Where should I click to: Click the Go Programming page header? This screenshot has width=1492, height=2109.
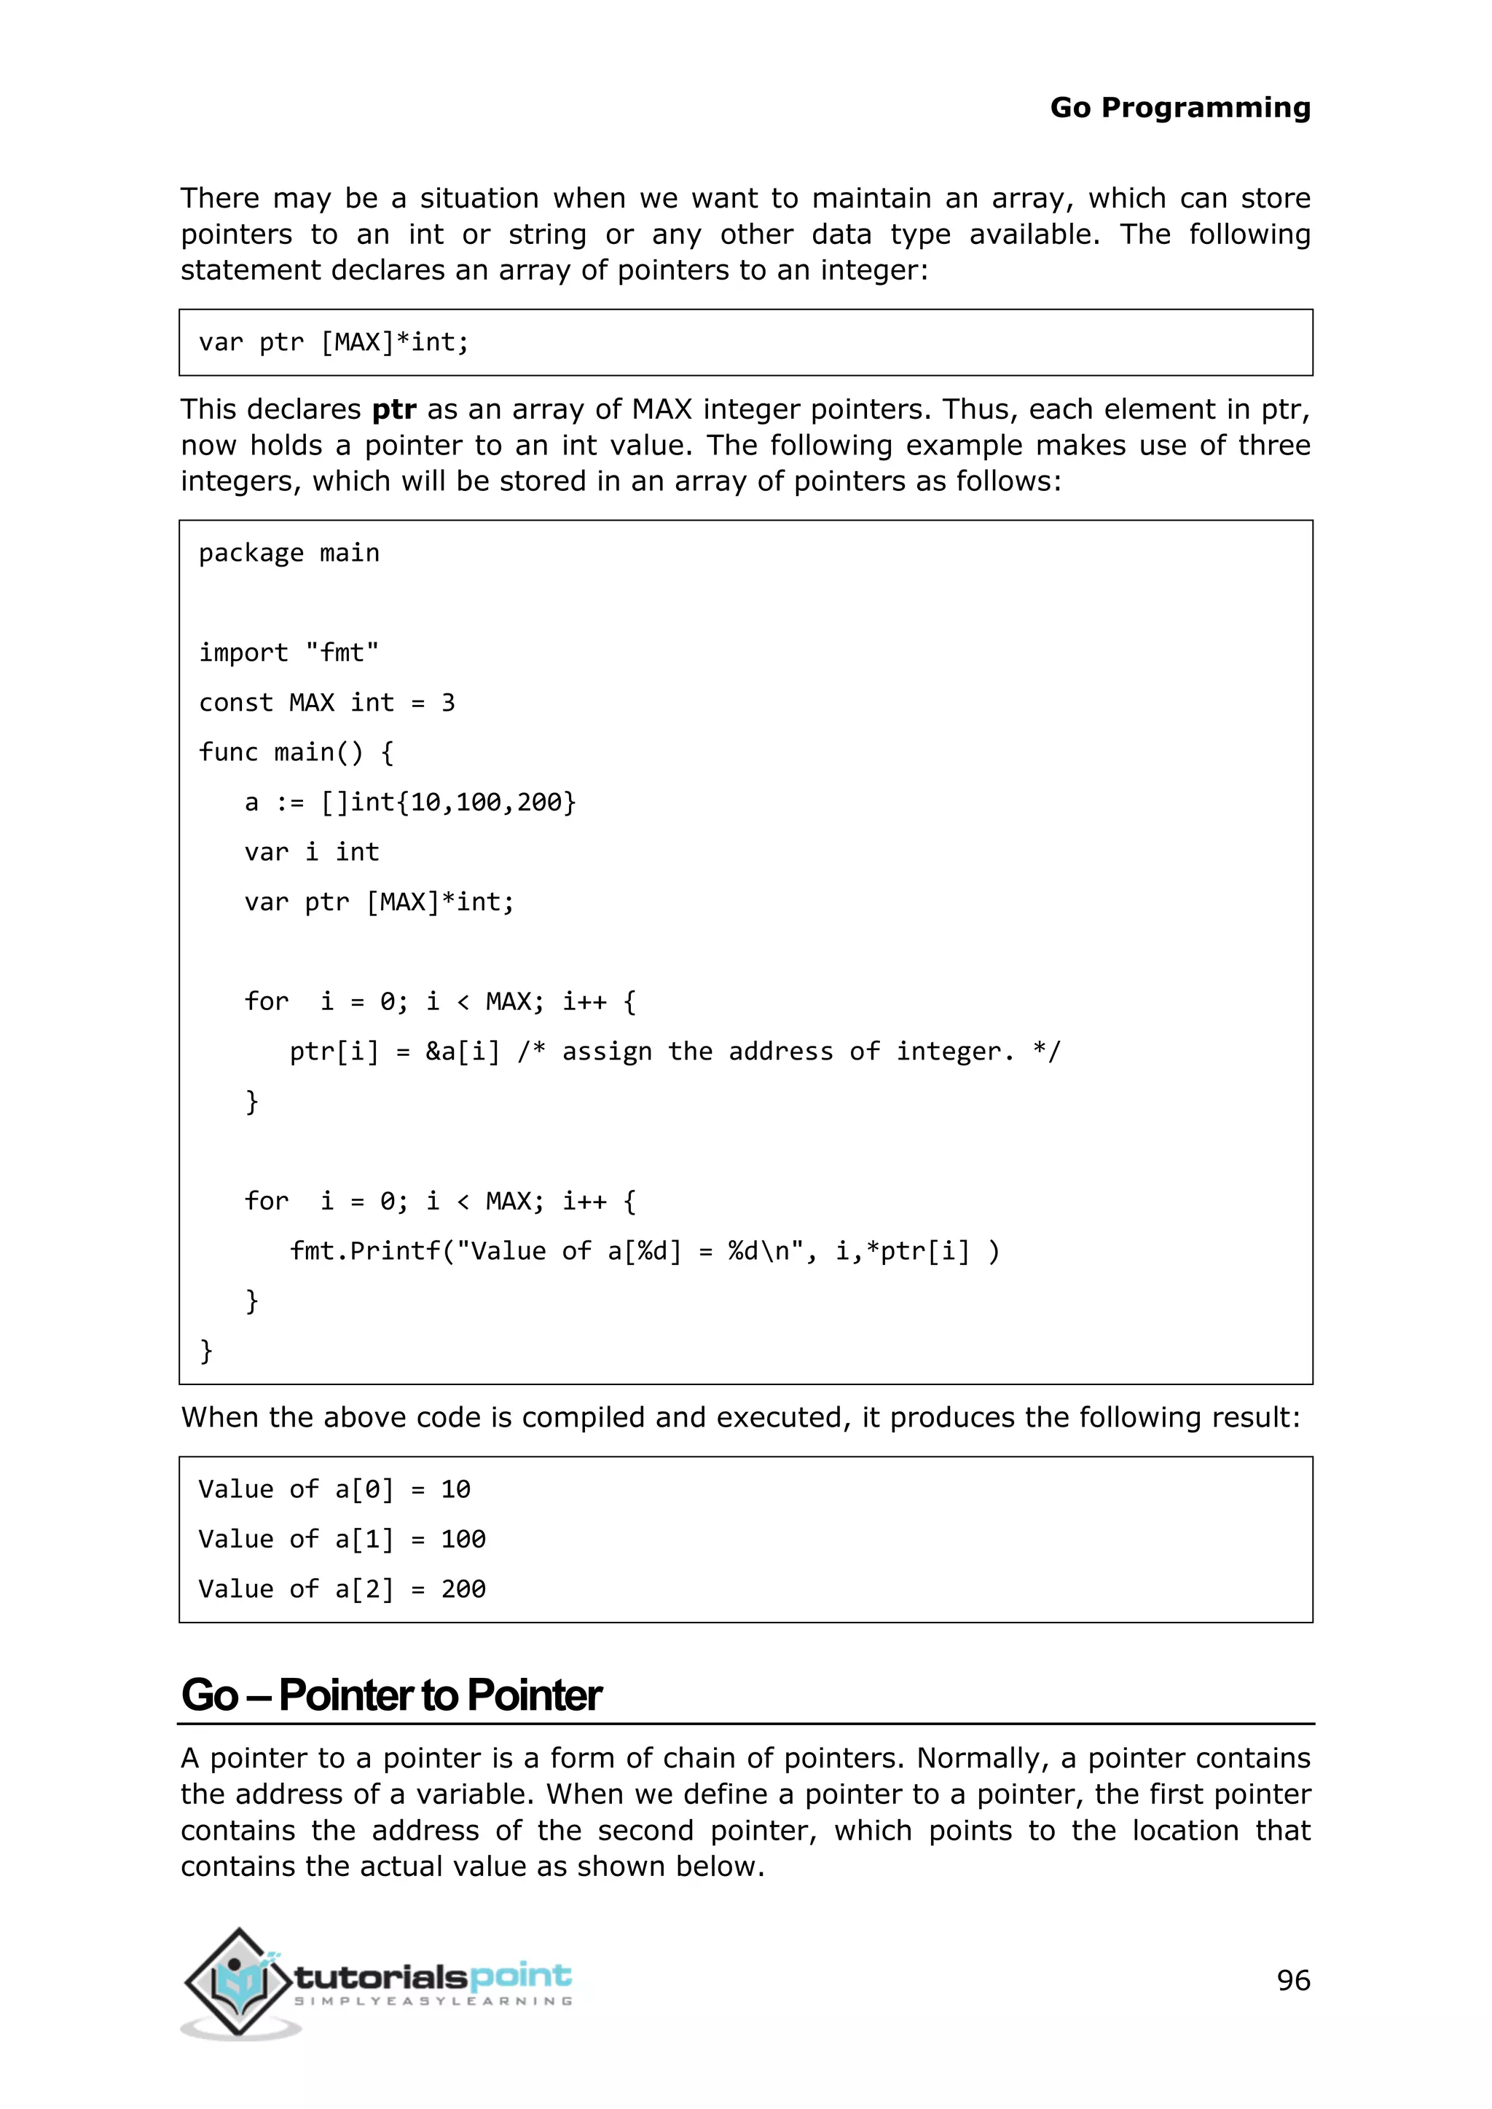[x=1179, y=108]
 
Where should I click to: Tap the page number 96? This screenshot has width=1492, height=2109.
[x=1292, y=1979]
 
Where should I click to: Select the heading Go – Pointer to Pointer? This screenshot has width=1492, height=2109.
[x=391, y=1695]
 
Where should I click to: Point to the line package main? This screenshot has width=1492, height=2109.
[x=288, y=553]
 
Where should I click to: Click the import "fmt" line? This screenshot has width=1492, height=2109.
[x=288, y=653]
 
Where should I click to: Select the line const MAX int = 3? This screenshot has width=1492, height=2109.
[x=326, y=703]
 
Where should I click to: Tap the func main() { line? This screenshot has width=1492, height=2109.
[x=296, y=752]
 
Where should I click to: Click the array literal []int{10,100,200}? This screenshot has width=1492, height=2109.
[x=448, y=802]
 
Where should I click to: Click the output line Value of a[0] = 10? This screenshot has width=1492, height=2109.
[x=334, y=1489]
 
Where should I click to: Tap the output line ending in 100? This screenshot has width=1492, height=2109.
[x=342, y=1539]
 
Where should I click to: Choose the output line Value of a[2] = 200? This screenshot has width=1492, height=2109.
[x=342, y=1589]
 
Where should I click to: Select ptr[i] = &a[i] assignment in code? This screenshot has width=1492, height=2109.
[x=395, y=1052]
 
